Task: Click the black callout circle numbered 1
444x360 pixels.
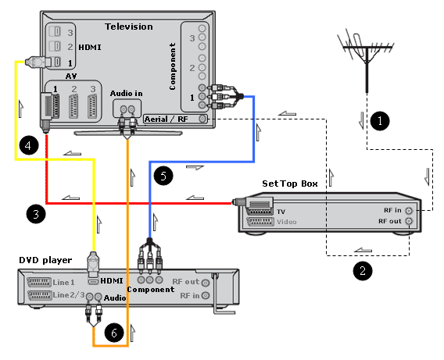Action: pyautogui.click(x=380, y=121)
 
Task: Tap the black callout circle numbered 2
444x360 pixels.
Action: pyautogui.click(x=363, y=271)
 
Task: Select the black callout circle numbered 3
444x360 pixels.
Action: pyautogui.click(x=36, y=214)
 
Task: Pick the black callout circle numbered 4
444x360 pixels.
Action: pyautogui.click(x=29, y=145)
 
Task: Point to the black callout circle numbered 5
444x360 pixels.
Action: pyautogui.click(x=163, y=176)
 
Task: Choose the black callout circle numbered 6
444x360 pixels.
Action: pyautogui.click(x=114, y=333)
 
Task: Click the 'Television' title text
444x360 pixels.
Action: pyautogui.click(x=129, y=27)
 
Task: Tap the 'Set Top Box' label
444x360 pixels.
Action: pyautogui.click(x=290, y=184)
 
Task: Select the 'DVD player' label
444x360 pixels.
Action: pyautogui.click(x=45, y=260)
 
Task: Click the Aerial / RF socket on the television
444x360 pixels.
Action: pyautogui.click(x=202, y=119)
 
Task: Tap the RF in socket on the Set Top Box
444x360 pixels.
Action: pyautogui.click(x=409, y=211)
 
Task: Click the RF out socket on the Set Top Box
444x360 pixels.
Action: pyautogui.click(x=409, y=221)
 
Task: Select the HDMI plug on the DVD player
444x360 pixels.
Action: pyautogui.click(x=94, y=265)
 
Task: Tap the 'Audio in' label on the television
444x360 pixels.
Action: pyautogui.click(x=127, y=94)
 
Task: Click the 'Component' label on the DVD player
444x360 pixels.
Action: pyautogui.click(x=151, y=289)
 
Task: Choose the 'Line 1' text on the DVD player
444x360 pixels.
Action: pyautogui.click(x=64, y=282)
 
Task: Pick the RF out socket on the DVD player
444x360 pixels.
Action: pyautogui.click(x=206, y=283)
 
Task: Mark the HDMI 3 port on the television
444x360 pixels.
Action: pyautogui.click(x=55, y=31)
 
